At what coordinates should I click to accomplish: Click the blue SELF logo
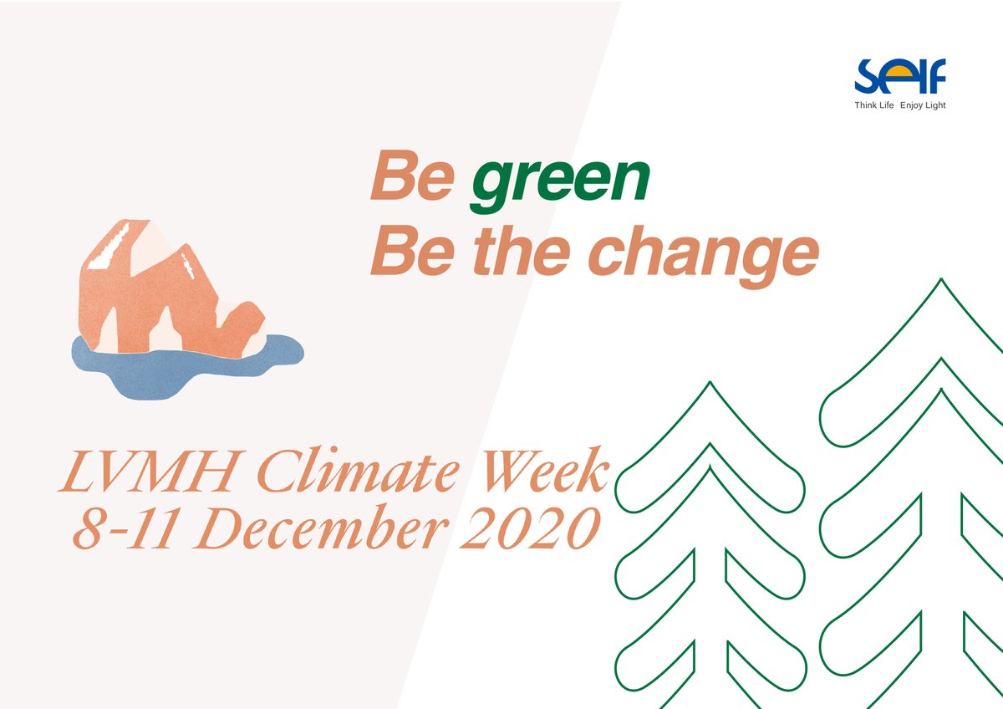pos(899,78)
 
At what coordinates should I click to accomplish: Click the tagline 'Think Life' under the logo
pos(873,106)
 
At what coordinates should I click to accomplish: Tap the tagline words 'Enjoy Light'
pos(923,106)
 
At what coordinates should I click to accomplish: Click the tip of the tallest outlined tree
pos(941,281)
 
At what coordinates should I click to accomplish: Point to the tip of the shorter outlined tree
pos(710,385)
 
